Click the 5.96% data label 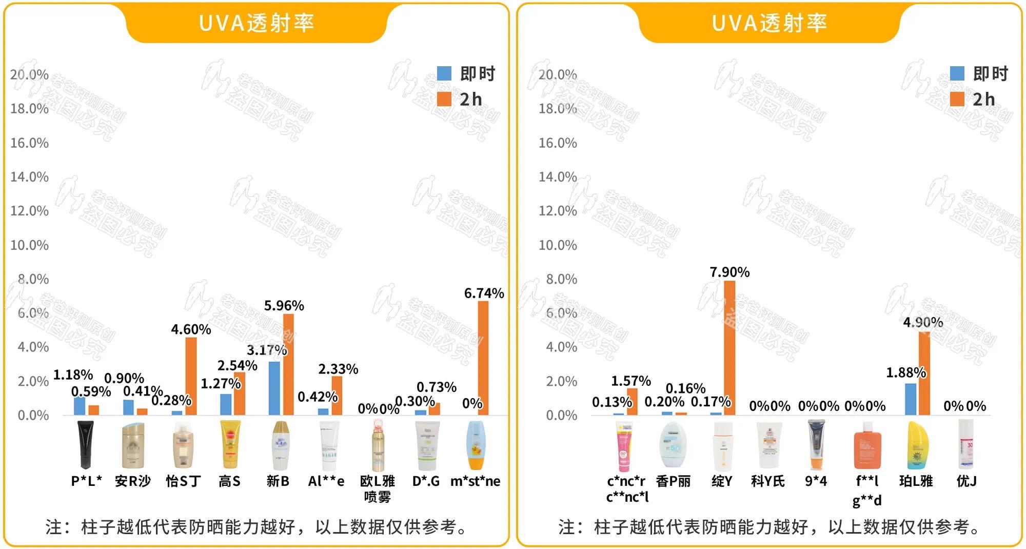[x=284, y=306]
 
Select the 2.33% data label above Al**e [x=338, y=369]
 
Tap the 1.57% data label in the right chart [x=630, y=381]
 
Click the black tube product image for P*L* [x=86, y=445]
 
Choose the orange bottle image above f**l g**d [x=867, y=445]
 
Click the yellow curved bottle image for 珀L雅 [x=916, y=445]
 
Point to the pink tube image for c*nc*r [x=624, y=446]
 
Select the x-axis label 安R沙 [x=133, y=481]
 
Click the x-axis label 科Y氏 [x=767, y=481]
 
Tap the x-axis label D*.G [x=426, y=481]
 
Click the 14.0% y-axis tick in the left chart [x=30, y=177]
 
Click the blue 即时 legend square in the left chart [x=444, y=73]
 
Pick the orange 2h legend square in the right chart [x=957, y=99]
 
